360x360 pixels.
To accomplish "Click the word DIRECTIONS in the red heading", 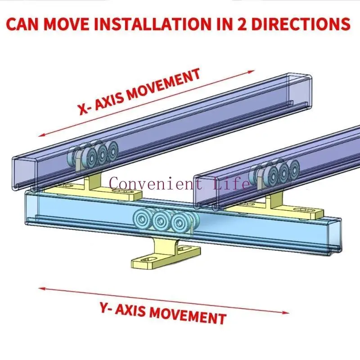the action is pos(301,24).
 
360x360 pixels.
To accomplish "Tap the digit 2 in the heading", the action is pos(242,24).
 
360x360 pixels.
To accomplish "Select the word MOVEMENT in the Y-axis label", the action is pos(188,316).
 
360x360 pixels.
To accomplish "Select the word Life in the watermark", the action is pos(231,183).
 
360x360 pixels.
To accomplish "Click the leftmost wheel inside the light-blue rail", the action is pos(142,219).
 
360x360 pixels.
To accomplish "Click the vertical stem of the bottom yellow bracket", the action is pos(163,246).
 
